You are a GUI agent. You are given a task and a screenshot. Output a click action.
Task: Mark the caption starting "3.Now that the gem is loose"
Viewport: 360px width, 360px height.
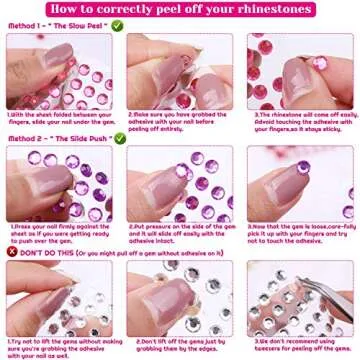pos(300,236)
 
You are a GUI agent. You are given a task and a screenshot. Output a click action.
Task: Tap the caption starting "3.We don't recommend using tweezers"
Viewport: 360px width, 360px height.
pos(300,346)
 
